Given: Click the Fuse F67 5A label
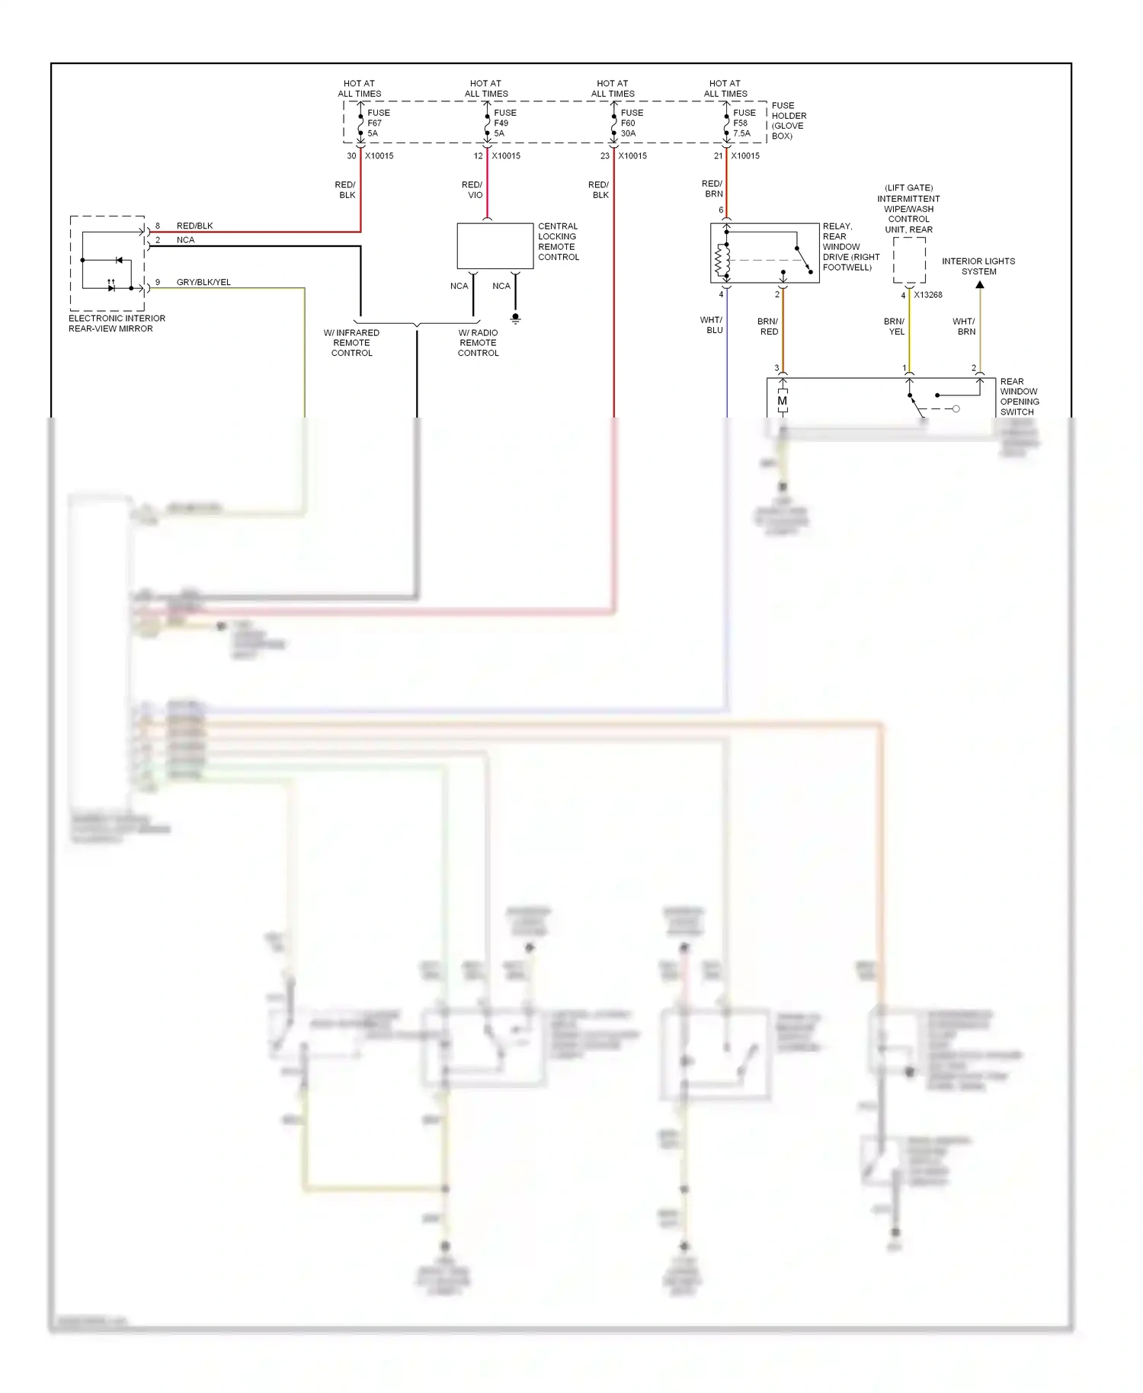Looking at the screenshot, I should point(378,123).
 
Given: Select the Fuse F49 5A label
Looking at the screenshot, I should point(504,123).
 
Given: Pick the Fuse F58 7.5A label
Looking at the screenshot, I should point(744,123).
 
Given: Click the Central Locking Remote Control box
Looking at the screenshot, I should point(495,245).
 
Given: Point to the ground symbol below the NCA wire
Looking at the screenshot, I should point(515,319).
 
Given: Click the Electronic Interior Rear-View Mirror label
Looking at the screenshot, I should point(117,323).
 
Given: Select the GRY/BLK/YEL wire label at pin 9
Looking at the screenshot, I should point(203,282).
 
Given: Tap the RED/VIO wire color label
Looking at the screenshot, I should point(472,190).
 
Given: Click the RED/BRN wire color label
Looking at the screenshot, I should point(712,189).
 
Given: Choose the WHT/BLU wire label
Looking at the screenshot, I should point(711,325).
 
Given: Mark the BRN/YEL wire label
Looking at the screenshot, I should point(895,326).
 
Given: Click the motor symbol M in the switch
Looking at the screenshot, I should point(782,401).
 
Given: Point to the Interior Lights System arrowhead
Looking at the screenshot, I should point(980,284).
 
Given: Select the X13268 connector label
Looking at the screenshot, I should point(928,295).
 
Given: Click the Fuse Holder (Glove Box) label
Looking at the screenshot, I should point(788,120).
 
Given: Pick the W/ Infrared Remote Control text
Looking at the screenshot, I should point(351,343).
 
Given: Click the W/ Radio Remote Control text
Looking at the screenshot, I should point(479,343).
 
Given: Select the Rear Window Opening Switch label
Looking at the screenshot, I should point(1019,396).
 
